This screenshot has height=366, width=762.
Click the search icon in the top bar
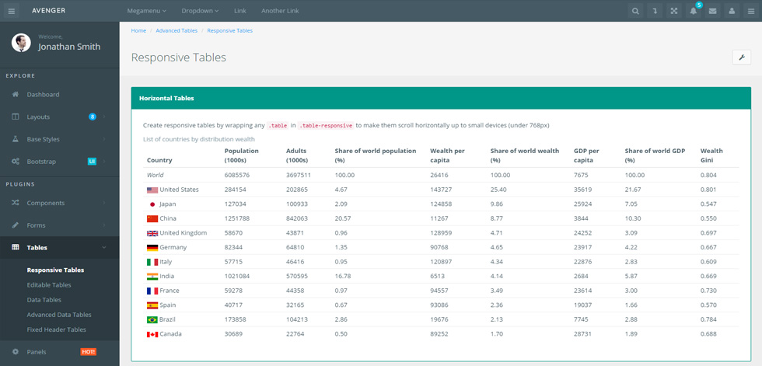[635, 11]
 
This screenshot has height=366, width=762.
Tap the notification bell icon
[694, 11]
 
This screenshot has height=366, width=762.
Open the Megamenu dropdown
[146, 11]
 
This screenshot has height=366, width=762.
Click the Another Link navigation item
[280, 11]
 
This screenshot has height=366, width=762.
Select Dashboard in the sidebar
[43, 95]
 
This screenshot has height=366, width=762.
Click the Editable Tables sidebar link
[48, 285]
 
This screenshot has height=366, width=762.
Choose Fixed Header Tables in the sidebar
[56, 329]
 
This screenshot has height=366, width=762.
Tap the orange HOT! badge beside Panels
[88, 352]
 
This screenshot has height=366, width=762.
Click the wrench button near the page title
[742, 58]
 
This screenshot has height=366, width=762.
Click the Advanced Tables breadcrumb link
[177, 30]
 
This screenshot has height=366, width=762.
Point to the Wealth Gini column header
[711, 155]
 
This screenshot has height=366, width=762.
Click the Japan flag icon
[152, 204]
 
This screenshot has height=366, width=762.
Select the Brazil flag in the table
[152, 320]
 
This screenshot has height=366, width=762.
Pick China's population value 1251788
[236, 218]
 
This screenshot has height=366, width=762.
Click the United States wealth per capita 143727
[441, 190]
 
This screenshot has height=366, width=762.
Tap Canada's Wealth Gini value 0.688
[708, 334]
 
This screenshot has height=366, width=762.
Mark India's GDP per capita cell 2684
[582, 276]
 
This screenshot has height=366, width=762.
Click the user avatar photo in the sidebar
[21, 43]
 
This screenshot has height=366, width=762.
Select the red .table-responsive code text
[326, 125]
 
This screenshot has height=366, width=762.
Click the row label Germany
[173, 248]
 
